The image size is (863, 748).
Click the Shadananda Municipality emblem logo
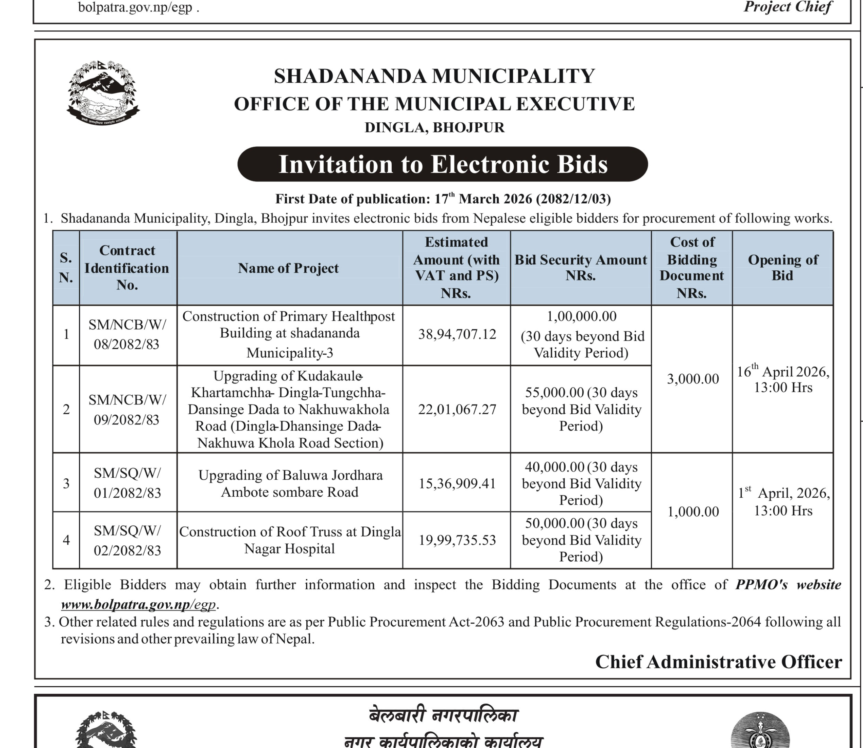(x=103, y=92)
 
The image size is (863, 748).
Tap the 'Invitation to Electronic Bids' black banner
(x=442, y=164)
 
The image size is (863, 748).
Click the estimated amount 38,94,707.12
(x=457, y=334)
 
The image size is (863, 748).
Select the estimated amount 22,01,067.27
(x=457, y=410)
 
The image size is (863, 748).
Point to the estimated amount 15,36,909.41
(x=457, y=483)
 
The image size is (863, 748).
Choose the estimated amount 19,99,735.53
(x=457, y=540)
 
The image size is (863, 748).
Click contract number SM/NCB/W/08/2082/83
(x=127, y=334)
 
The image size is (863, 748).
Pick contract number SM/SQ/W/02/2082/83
(x=127, y=541)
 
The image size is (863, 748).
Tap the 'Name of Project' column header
(x=288, y=268)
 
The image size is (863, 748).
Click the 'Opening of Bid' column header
(x=782, y=268)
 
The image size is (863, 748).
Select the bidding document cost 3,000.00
(x=693, y=379)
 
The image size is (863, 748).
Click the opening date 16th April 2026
(x=783, y=379)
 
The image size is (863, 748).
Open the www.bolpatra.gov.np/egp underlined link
(x=139, y=604)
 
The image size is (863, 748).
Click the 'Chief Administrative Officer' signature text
(x=718, y=662)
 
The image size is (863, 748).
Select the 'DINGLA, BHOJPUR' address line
(x=434, y=127)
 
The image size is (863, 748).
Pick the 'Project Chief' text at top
(x=787, y=7)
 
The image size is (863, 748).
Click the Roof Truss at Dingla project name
(x=290, y=540)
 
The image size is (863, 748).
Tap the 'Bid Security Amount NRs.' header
(x=580, y=268)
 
